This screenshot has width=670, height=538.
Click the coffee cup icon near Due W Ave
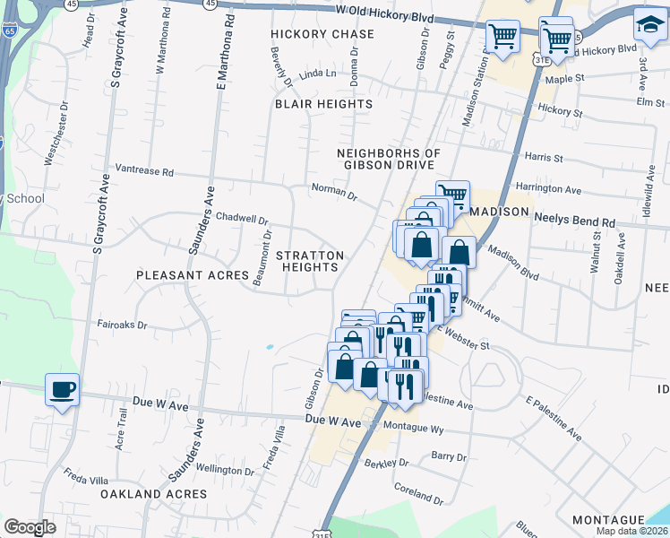click(62, 390)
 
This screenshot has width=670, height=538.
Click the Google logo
click(30, 527)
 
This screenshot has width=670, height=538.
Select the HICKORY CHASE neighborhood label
click(323, 34)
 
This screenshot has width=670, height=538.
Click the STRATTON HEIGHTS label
click(310, 261)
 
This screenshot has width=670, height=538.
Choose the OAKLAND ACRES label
click(153, 494)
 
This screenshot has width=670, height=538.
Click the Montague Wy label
click(412, 430)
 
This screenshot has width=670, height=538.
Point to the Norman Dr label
click(333, 189)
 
